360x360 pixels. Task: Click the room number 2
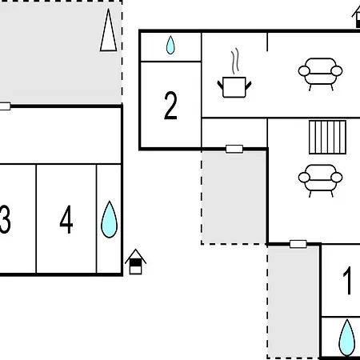click(x=170, y=105)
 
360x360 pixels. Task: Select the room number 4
click(x=66, y=219)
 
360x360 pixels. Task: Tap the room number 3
click(x=5, y=219)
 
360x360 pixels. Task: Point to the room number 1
click(x=347, y=281)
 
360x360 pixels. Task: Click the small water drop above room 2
click(x=170, y=45)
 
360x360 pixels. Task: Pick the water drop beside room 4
click(x=109, y=219)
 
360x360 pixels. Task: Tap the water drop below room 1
click(x=346, y=338)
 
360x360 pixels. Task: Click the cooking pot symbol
click(x=234, y=87)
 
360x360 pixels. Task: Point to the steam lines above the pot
click(x=234, y=61)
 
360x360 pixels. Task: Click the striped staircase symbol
click(x=327, y=137)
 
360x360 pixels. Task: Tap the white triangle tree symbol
click(x=108, y=30)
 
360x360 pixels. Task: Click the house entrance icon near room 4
click(x=135, y=262)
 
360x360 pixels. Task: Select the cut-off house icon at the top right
click(x=356, y=17)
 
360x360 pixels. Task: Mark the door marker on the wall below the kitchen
click(x=234, y=149)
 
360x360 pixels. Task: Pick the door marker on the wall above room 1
click(x=298, y=244)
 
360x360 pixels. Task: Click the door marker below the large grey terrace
click(x=5, y=106)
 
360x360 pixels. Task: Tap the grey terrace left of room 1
click(x=294, y=302)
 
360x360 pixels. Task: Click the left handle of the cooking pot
click(x=220, y=86)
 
